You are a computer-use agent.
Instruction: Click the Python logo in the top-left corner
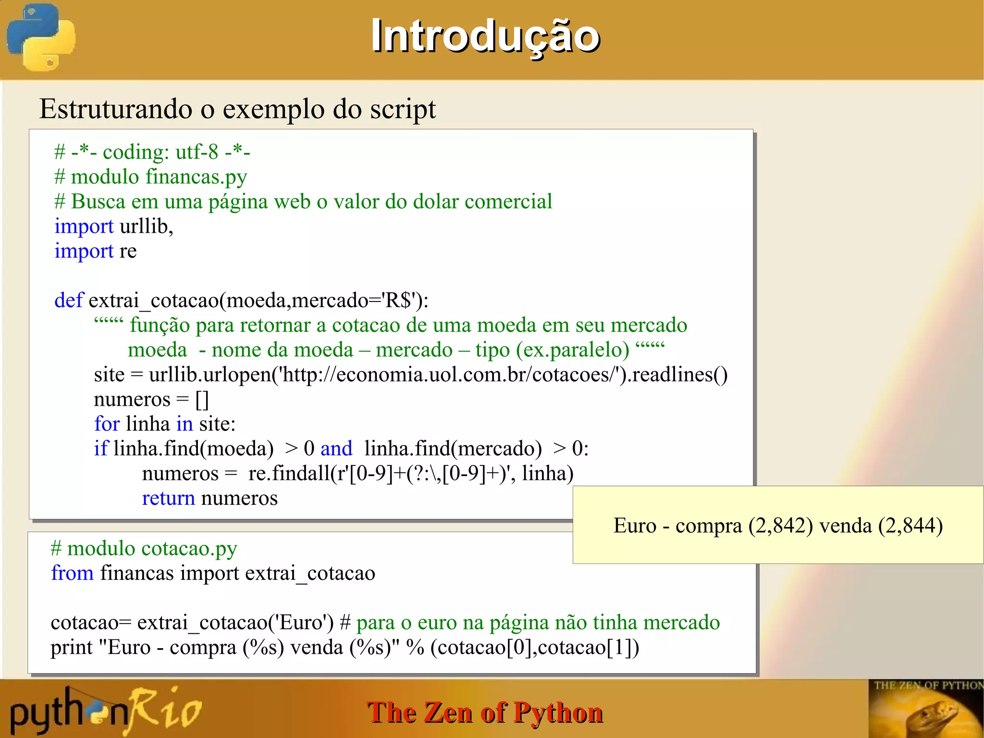tap(41, 37)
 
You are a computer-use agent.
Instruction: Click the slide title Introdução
tap(485, 36)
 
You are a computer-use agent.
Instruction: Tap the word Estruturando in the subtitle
tap(116, 109)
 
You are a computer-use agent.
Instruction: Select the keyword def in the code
tap(69, 300)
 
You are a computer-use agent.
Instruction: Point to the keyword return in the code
tap(168, 498)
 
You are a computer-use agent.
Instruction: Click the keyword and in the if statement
tap(336, 449)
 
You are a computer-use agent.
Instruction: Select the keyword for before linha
tap(106, 424)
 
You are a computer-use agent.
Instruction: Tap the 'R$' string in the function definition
tap(399, 300)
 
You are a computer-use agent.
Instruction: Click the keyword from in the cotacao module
tap(72, 573)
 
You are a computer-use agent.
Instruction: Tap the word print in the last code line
tap(72, 647)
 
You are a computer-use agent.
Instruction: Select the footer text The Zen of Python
tap(485, 712)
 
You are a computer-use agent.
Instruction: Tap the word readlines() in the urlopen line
tap(679, 375)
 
